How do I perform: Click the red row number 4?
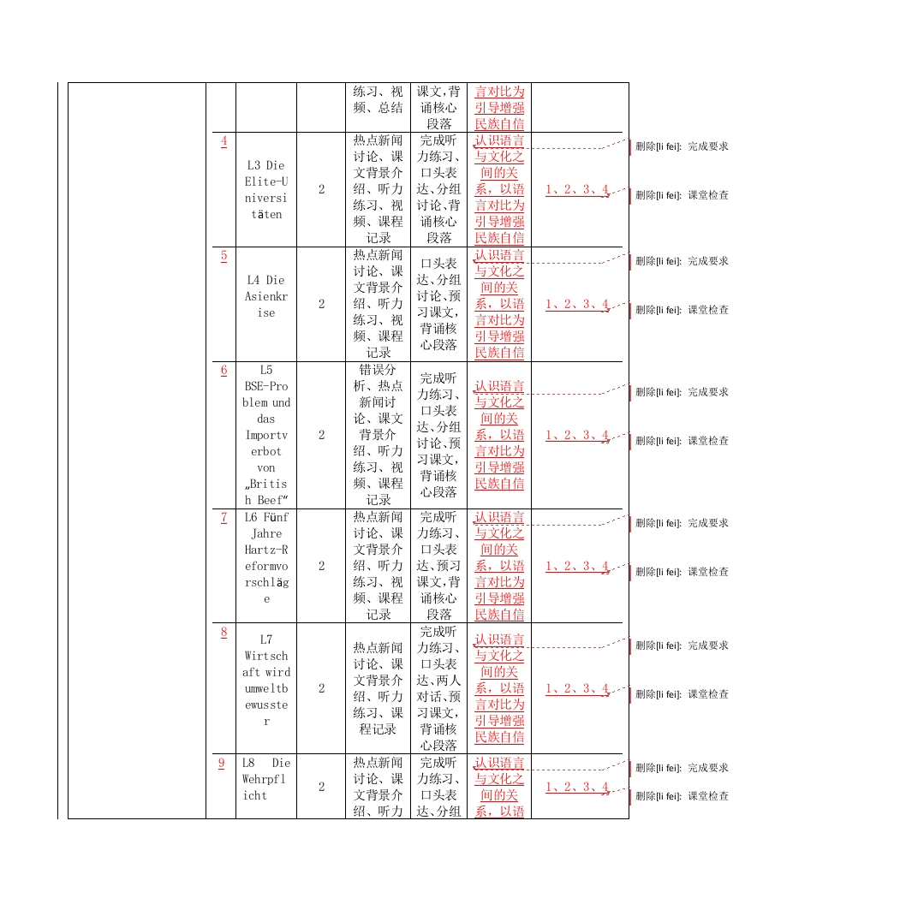(x=224, y=140)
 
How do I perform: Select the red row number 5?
(x=224, y=255)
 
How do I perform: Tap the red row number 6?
(x=224, y=370)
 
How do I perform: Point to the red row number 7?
(x=224, y=517)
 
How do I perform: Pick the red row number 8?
(x=224, y=632)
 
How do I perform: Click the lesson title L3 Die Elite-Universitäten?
(x=266, y=189)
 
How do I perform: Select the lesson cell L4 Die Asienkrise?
(x=266, y=296)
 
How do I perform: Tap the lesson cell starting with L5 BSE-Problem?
(x=266, y=435)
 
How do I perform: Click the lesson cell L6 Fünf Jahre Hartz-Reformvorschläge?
(x=266, y=557)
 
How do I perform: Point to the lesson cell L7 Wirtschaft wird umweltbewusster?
(x=266, y=680)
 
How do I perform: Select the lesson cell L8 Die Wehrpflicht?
(x=266, y=778)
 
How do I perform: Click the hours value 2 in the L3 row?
(x=322, y=189)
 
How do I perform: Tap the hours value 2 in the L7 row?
(x=322, y=688)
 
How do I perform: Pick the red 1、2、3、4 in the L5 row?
(x=577, y=435)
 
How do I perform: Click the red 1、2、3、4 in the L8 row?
(x=577, y=787)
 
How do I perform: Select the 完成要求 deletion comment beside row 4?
(x=682, y=146)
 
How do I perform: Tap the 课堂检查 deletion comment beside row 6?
(x=682, y=441)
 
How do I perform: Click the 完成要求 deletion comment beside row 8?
(x=682, y=645)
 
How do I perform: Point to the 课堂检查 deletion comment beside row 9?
(x=682, y=796)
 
